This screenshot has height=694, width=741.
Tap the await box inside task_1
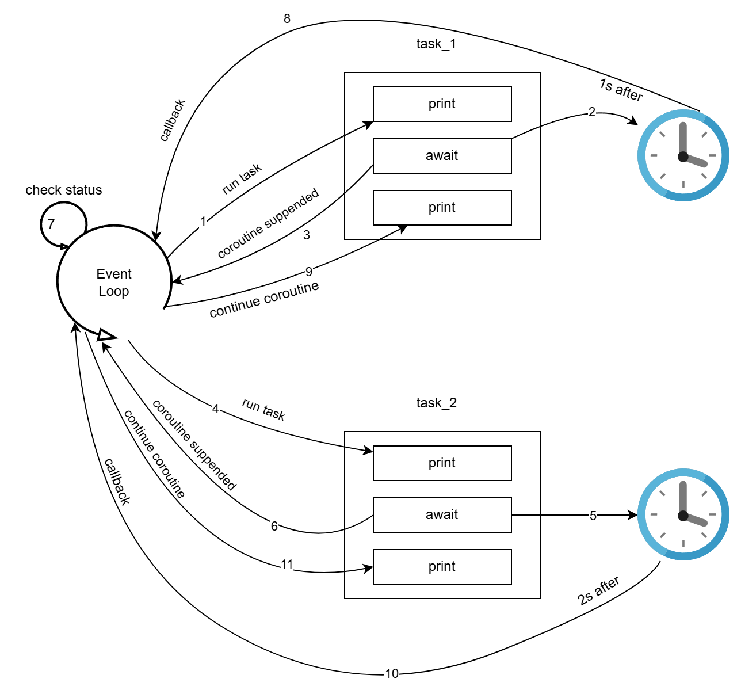point(442,155)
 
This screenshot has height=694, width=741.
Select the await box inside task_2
point(442,514)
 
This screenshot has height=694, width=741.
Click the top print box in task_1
point(442,104)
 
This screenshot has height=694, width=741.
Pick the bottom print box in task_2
point(442,566)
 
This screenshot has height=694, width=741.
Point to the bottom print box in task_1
point(442,207)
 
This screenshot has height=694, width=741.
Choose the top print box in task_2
point(442,463)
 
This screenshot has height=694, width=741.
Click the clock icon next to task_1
point(683,156)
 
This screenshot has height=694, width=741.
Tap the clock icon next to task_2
point(683,514)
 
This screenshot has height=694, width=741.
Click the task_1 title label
point(436,44)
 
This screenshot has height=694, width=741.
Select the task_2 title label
point(436,403)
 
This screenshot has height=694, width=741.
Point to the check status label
point(64,190)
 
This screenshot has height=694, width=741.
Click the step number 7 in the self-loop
point(51,224)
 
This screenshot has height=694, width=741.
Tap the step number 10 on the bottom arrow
point(392,673)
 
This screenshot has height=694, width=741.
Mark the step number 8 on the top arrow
point(287,19)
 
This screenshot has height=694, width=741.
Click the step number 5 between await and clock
point(593,516)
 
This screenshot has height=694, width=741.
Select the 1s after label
point(621,90)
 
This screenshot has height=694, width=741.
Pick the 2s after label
point(598,591)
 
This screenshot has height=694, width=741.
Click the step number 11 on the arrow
point(287,565)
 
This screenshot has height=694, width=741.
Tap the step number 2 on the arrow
point(592,112)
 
